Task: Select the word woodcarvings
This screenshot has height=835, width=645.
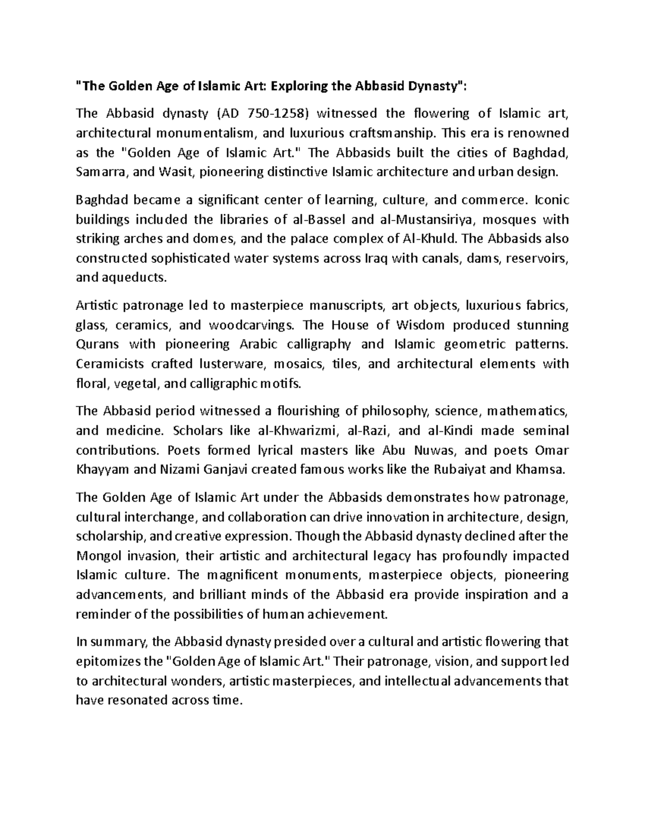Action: (x=251, y=325)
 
